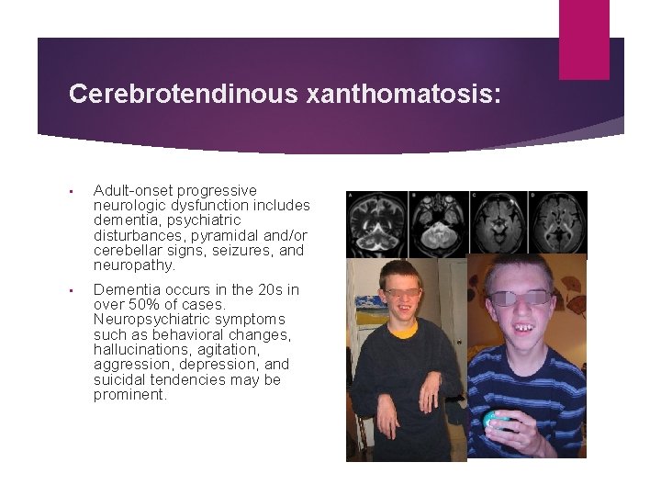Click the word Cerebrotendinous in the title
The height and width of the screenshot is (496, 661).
[183, 94]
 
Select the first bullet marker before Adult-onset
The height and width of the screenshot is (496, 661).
[73, 191]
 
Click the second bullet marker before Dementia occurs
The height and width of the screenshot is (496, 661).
[73, 290]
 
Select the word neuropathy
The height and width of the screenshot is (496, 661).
[133, 265]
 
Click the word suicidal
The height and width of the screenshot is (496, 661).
[118, 380]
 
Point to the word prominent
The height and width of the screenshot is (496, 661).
[129, 395]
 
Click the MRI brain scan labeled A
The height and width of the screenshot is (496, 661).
[376, 223]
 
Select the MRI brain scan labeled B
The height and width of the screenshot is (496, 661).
[437, 223]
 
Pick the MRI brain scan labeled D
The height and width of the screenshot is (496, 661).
[556, 223]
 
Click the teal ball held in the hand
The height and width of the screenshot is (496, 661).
[497, 421]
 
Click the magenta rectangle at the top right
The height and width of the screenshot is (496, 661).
[584, 39]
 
